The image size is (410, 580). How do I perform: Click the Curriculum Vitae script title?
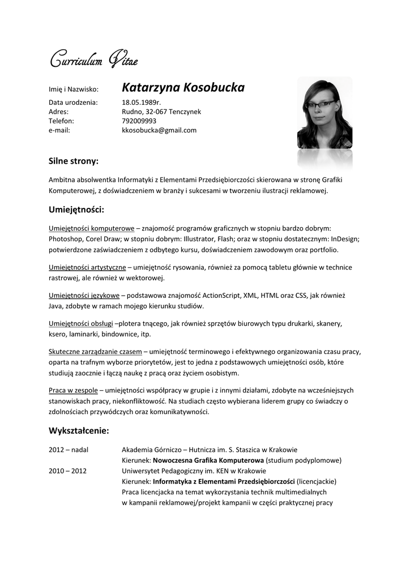tap(93, 59)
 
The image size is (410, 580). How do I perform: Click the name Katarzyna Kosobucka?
tap(183, 88)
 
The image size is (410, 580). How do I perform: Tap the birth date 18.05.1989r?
tap(142, 103)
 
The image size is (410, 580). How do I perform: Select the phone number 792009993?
tap(139, 121)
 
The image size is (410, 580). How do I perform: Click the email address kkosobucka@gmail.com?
tap(159, 130)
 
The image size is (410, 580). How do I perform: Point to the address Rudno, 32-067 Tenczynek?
tap(161, 112)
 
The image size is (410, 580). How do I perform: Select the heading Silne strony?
tap(74, 161)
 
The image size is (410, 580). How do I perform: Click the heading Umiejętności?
tap(76, 210)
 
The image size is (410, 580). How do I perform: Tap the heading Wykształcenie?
tap(79, 431)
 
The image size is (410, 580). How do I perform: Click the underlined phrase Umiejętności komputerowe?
tap(91, 228)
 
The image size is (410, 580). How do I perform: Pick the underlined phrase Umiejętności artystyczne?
tap(87, 267)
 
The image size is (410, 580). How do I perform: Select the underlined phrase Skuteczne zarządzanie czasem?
tap(95, 352)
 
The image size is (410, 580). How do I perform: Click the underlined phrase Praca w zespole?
tap(73, 390)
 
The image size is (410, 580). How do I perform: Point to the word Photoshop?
tap(66, 239)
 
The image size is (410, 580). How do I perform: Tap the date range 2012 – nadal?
tap(69, 450)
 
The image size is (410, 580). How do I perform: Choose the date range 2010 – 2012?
tap(67, 471)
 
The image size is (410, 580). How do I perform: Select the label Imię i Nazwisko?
tap(74, 89)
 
